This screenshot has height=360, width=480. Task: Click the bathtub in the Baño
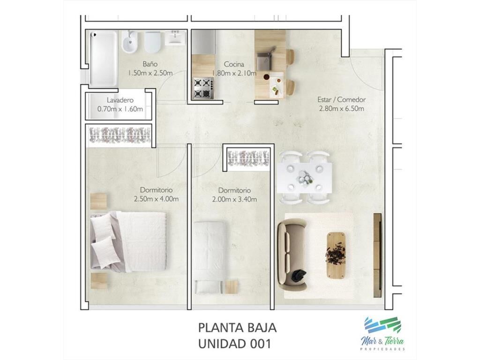[104, 58]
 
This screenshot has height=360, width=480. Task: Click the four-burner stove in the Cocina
[203, 88]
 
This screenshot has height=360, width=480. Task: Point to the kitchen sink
[264, 61]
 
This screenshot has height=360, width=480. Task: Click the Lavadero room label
[120, 100]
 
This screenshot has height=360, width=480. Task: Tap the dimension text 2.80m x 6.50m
[341, 108]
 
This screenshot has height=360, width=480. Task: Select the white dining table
[304, 178]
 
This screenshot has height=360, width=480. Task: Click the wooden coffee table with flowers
[337, 255]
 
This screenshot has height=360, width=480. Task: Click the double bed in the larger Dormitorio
[128, 241]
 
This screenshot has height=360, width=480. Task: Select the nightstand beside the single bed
[232, 287]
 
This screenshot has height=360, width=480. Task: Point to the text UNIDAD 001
[235, 344]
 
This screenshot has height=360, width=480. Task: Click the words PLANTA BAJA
[237, 328]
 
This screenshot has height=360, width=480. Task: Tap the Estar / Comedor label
[341, 99]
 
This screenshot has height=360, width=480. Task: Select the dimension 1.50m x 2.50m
[150, 73]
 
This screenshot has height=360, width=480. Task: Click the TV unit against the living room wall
[377, 255]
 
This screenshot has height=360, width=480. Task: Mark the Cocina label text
[234, 64]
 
